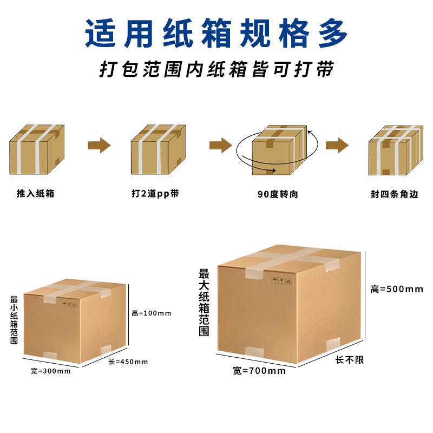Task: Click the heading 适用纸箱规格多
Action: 216,33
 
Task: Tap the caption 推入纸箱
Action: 36,193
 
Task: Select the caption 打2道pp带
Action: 155,193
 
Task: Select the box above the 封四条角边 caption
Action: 395,150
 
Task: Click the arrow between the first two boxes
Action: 99,145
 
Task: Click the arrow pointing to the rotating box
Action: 220,145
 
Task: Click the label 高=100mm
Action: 152,313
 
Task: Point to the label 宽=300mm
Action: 51,371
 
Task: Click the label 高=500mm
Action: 397,289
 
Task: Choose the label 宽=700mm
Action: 259,371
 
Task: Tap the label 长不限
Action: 350,359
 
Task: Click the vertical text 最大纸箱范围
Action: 204,303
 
